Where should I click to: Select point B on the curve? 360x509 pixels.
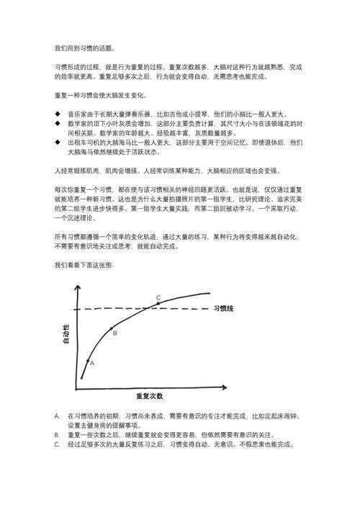[x=112, y=329]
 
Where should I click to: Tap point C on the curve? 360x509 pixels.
[x=158, y=304]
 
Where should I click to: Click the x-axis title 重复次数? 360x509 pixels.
[x=149, y=397]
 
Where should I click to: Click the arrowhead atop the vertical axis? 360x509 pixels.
[x=75, y=287]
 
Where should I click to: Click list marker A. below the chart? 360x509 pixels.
[x=57, y=416]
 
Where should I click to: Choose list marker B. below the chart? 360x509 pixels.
[x=57, y=435]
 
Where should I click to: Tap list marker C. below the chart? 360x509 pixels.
[x=57, y=444]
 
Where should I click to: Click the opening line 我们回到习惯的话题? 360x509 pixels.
[x=84, y=48]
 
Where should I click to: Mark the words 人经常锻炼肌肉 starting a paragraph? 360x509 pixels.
[x=77, y=171]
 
